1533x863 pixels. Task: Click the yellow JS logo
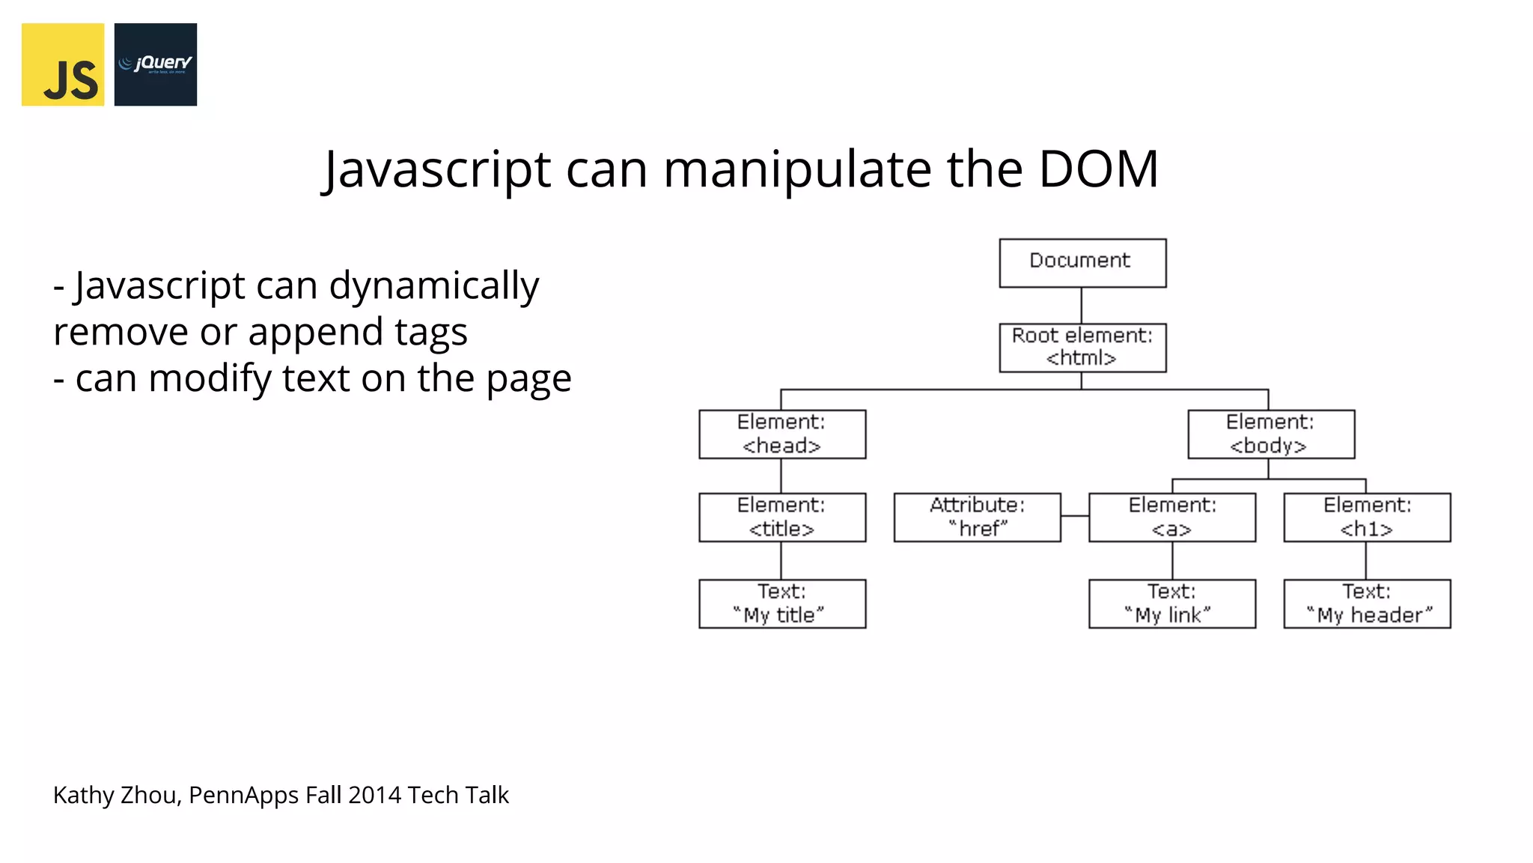tap(63, 64)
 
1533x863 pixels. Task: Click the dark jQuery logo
tap(156, 64)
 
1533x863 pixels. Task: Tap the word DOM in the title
tap(1098, 169)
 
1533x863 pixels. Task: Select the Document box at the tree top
tap(1082, 263)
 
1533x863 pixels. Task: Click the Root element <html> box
tap(1082, 348)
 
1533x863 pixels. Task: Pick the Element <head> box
tap(782, 434)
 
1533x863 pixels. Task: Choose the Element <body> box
tap(1271, 434)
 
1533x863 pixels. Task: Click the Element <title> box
tap(782, 517)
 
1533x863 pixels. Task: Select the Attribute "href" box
tap(977, 517)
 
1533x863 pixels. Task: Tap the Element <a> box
tap(1172, 517)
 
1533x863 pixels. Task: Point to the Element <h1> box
tap(1367, 517)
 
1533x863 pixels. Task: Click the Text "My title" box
tap(782, 604)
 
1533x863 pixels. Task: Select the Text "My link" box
tap(1172, 604)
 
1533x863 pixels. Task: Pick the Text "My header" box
tap(1367, 604)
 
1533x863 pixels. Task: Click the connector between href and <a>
tap(1075, 516)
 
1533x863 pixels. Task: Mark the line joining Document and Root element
tap(1082, 306)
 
